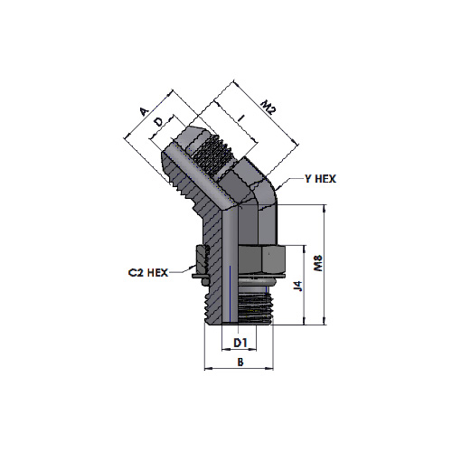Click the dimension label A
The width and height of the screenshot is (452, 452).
145,111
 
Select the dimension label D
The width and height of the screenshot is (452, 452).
158,122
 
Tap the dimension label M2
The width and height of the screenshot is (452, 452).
268,108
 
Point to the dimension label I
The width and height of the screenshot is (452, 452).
240,118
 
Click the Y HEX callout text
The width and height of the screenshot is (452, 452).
320,179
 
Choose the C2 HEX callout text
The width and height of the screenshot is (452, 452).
148,273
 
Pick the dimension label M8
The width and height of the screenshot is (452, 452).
318,263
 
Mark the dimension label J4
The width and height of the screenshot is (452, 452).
298,286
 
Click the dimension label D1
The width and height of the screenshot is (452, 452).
240,343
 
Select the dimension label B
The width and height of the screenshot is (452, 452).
240,362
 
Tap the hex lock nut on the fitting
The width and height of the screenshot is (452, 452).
260,259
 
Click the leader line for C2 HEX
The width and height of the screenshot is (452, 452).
182,271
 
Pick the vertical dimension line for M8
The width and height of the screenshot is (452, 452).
324,265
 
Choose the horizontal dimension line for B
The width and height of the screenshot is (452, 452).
239,368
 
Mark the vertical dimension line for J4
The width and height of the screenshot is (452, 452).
304,285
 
